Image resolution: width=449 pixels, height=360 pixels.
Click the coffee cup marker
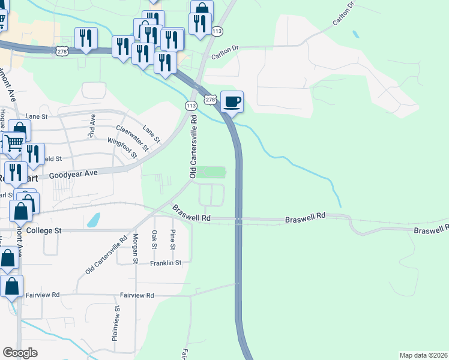click(232, 101)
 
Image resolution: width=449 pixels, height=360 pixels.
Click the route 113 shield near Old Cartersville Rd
click(191, 106)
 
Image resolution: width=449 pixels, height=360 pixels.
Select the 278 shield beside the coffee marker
click(209, 98)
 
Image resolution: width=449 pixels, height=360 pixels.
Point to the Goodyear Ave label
click(73, 174)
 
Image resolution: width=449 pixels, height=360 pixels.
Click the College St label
click(44, 230)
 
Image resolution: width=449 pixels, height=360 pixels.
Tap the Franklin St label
click(166, 263)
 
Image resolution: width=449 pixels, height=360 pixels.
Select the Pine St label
click(173, 239)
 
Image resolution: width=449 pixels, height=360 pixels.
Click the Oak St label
click(154, 239)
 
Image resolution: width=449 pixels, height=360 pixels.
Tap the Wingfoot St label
click(122, 148)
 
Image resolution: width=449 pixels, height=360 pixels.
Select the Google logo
click(20, 353)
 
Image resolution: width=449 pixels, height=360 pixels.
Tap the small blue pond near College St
click(94, 221)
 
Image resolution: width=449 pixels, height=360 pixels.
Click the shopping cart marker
click(13, 142)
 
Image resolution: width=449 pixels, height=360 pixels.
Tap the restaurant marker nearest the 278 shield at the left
click(86, 38)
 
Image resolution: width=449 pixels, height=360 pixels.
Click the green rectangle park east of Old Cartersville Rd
click(213, 173)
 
